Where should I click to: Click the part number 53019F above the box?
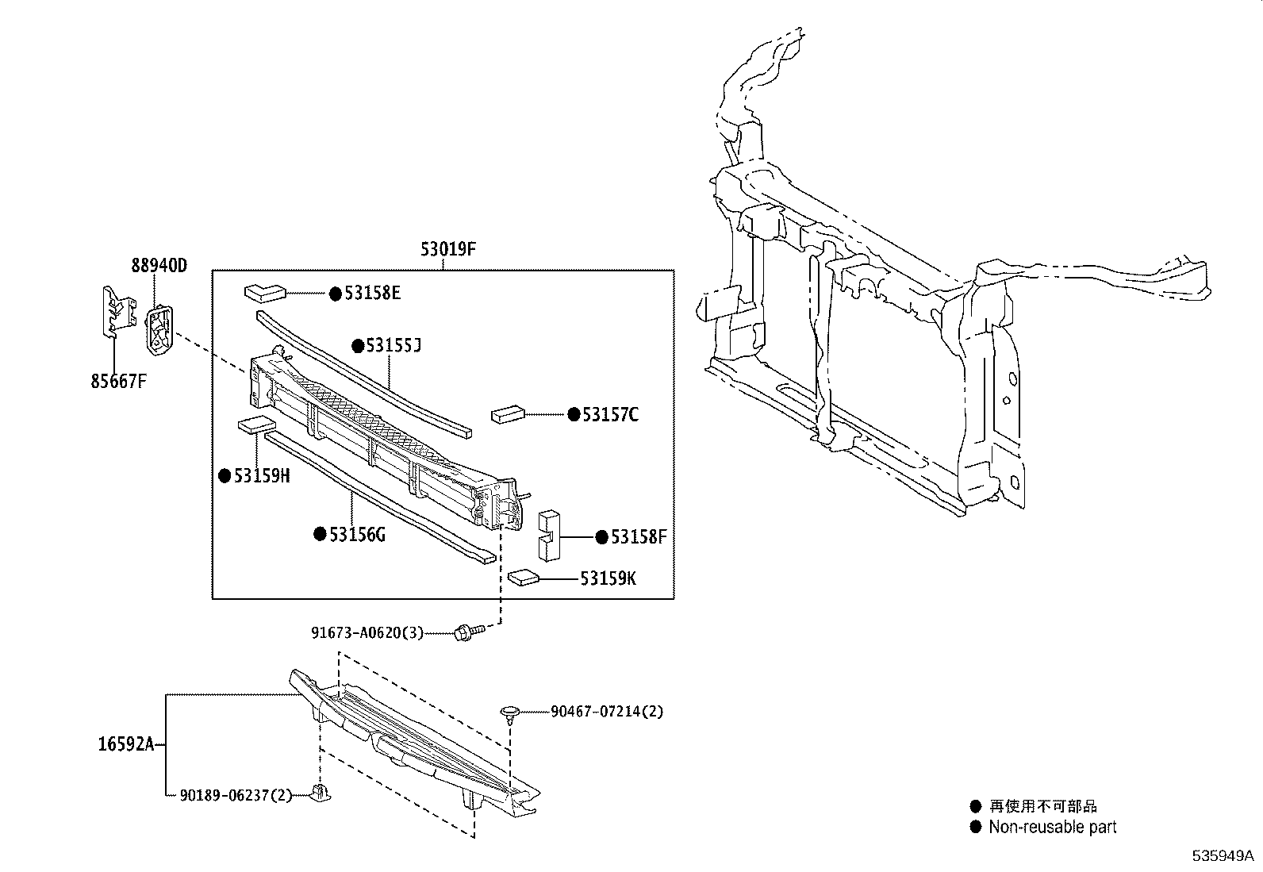[448, 250]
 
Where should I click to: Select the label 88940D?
[159, 265]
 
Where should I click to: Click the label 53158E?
[372, 294]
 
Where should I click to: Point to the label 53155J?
[392, 346]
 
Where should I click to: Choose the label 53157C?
[610, 414]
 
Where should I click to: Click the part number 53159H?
[261, 475]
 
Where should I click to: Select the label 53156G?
[357, 534]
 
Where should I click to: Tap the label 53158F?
[638, 537]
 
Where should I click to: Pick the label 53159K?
[608, 578]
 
